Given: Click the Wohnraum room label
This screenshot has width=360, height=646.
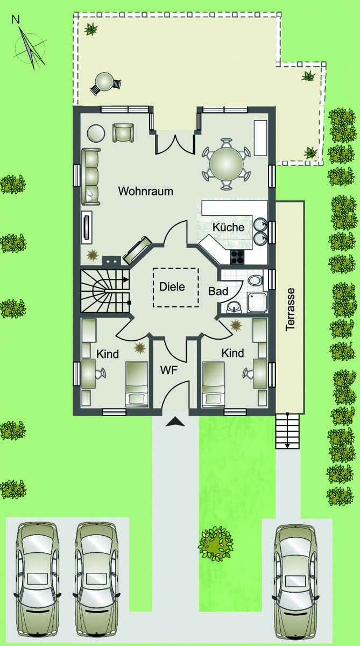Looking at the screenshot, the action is pos(145,191).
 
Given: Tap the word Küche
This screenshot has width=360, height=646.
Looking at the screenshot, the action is pos(229,227).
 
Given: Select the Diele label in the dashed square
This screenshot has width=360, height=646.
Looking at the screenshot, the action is pos(172,286).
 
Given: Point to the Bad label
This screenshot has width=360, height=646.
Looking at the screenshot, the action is pos(218,291).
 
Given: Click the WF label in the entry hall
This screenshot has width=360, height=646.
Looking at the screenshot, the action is pos(169,370).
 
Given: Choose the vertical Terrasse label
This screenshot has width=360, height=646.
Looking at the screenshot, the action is pos(290,309).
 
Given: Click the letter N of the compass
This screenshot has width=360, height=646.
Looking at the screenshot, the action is pos(16,19).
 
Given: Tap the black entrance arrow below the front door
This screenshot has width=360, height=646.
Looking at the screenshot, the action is pos(175,422).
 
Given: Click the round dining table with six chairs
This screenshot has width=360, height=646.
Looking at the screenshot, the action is pos(226,164).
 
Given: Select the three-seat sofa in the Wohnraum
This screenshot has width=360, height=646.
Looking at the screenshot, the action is pos(91,177).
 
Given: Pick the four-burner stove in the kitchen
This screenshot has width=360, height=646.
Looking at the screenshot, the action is pos(237,257).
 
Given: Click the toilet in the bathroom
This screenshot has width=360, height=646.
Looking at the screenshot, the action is pos(255,280).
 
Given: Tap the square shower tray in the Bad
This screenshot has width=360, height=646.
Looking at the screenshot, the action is pos(257,302).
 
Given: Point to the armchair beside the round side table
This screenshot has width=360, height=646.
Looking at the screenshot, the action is pos(123,132).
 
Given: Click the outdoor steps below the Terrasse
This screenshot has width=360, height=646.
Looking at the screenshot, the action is pos(287,431).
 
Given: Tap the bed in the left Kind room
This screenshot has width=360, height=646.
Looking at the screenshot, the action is pos(137,384).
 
